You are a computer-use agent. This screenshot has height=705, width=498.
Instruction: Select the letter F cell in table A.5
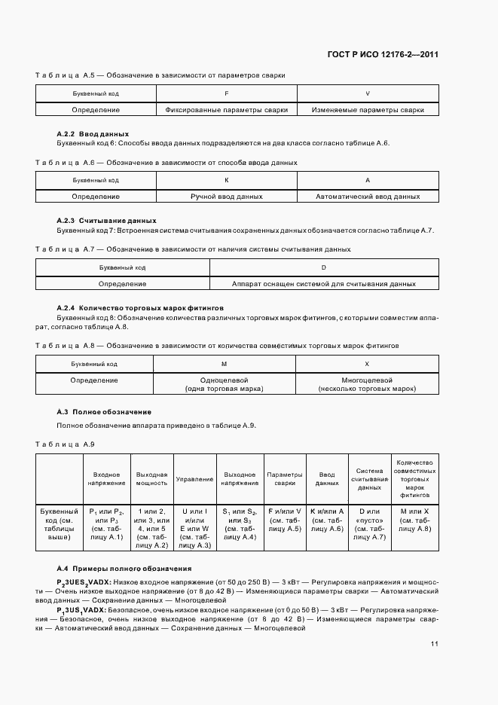(227, 94)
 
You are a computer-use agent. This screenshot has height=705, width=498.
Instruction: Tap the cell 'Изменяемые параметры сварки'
(368, 110)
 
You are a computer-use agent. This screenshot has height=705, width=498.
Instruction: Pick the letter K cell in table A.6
(227, 181)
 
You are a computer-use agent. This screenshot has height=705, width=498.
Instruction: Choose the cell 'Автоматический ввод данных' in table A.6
(368, 197)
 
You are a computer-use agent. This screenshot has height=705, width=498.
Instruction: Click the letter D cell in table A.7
(323, 267)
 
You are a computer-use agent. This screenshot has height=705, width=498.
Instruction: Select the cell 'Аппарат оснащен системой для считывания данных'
(323, 284)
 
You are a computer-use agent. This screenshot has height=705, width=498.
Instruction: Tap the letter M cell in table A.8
(227, 364)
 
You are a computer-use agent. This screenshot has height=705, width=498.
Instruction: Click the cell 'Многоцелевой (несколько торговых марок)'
(368, 384)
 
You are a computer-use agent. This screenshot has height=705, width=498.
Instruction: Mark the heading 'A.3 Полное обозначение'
(105, 412)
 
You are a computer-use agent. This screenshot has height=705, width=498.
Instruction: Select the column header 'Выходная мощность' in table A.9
(151, 479)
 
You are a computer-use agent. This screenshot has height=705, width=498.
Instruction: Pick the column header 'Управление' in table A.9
(194, 479)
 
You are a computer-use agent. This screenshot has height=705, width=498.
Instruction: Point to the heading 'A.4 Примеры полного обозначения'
(124, 568)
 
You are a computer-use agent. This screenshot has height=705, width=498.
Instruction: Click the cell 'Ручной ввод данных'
(227, 197)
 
